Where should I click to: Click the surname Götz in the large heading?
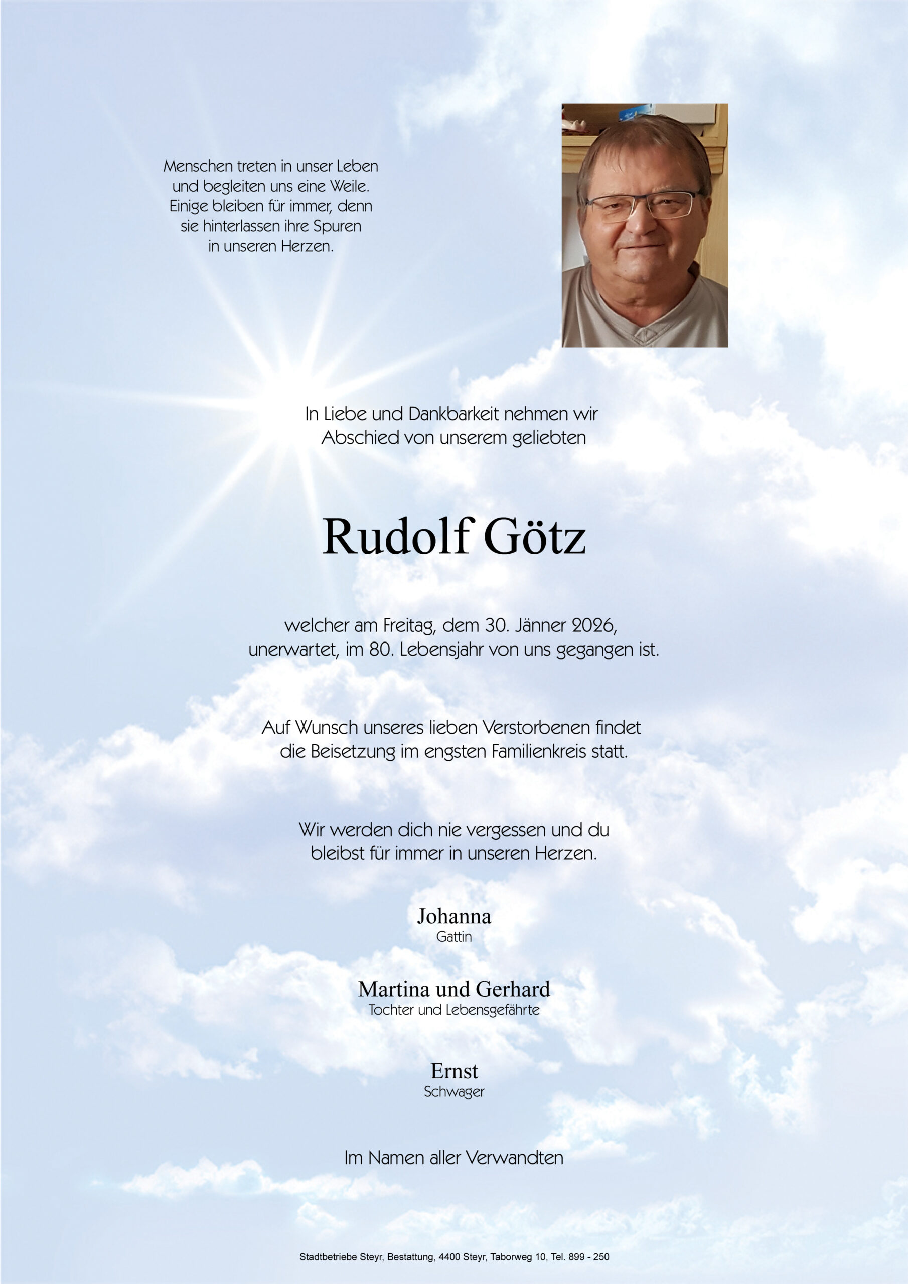(x=534, y=537)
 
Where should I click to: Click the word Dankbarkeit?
(x=452, y=414)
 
